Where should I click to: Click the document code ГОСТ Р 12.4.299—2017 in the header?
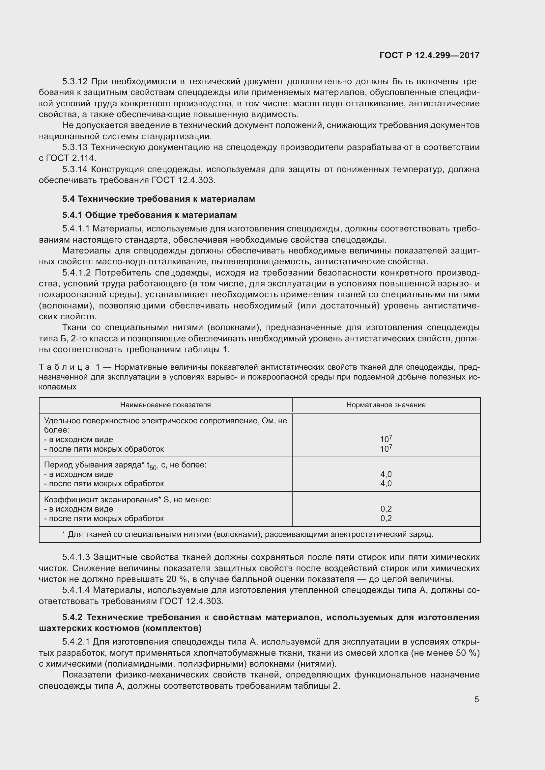click(429, 55)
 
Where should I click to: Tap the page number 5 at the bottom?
click(476, 699)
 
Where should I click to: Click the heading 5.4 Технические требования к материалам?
click(158, 199)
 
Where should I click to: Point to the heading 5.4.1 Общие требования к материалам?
click(150, 215)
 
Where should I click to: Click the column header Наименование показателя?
click(165, 405)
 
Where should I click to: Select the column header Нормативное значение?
click(386, 405)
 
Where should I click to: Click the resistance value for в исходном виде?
click(386, 439)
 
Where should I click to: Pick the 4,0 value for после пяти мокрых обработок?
click(386, 484)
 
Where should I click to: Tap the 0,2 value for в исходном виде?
click(386, 509)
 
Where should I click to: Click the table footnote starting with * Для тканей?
click(248, 534)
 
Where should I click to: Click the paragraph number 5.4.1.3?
click(76, 557)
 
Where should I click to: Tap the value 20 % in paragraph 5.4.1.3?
click(175, 579)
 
